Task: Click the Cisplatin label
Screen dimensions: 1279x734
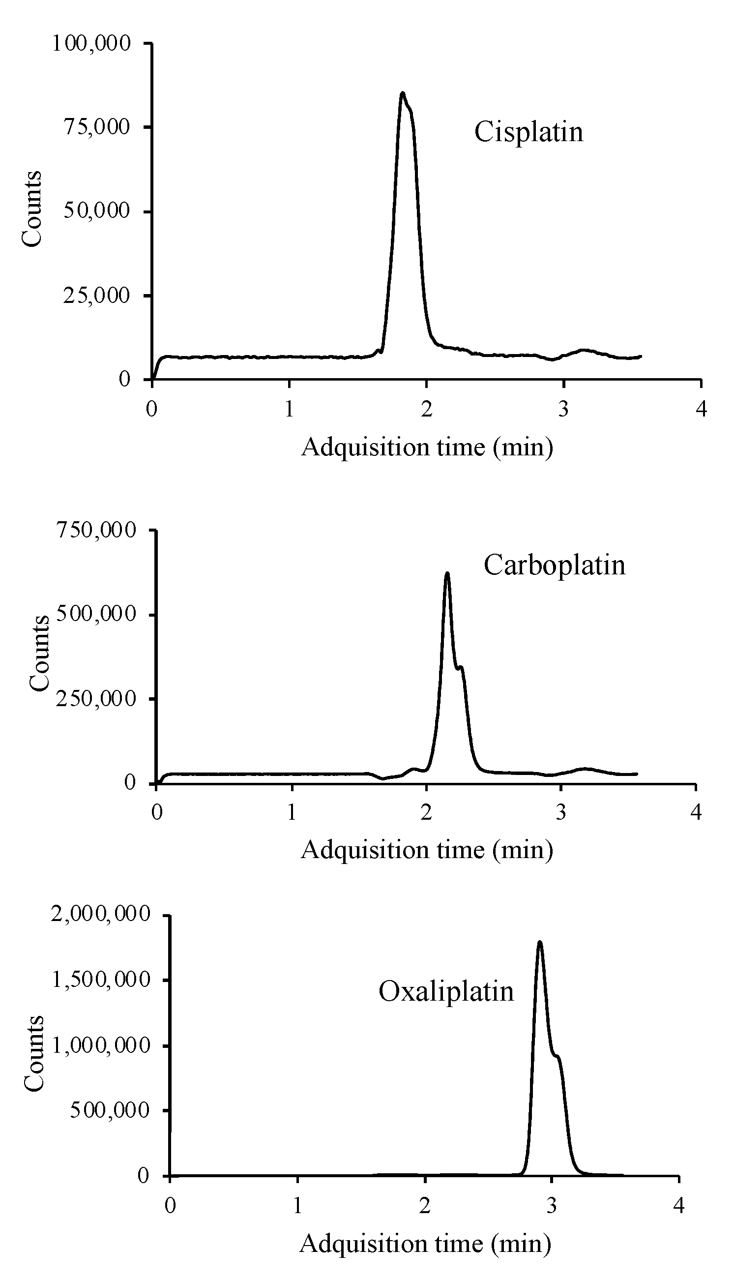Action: coord(528,132)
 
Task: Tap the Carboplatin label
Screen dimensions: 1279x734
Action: coord(554,565)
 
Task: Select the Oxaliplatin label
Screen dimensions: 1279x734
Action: coord(446,991)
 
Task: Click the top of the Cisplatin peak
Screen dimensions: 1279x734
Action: coord(402,93)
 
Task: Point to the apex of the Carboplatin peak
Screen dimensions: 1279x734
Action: coord(447,573)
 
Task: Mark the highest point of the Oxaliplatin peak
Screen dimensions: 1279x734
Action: coord(540,942)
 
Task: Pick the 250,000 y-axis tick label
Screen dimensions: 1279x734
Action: coord(96,698)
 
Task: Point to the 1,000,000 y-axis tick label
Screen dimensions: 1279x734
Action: coord(101,1045)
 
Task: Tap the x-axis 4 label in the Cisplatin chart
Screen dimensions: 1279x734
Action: coord(701,409)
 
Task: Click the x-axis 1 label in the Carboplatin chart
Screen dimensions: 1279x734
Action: coord(292,813)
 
